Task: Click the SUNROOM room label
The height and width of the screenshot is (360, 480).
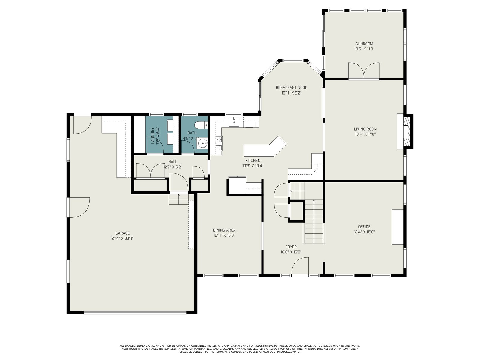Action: (x=364, y=44)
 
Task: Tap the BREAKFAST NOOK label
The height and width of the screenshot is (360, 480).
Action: (x=292, y=88)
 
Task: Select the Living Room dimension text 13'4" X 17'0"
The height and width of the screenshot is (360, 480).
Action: (x=365, y=134)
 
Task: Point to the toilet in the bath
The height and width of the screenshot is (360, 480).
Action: (x=201, y=125)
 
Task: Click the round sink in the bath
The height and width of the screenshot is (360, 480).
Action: (x=202, y=143)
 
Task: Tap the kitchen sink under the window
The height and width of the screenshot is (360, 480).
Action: (x=234, y=121)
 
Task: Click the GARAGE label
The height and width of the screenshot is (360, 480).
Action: (x=123, y=233)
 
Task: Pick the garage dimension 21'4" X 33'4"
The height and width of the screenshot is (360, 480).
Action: (x=123, y=238)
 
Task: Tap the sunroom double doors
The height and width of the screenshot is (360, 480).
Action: (x=364, y=70)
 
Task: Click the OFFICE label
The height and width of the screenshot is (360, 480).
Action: (x=364, y=227)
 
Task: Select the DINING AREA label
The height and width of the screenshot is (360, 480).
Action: (x=224, y=230)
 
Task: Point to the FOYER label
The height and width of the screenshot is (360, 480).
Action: (x=291, y=247)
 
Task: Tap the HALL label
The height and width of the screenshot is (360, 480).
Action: (x=173, y=162)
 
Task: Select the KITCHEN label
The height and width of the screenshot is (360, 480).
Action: (x=253, y=161)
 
